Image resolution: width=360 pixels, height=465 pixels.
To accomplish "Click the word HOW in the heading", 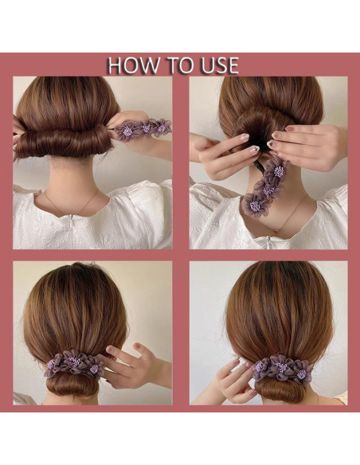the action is tap(132, 65).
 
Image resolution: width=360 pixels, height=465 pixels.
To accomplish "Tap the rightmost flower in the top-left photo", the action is tap(162, 127).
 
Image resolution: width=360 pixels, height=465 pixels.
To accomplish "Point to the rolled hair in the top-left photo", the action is tap(63, 143).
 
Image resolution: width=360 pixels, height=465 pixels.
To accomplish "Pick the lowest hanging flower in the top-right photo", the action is tap(254, 205).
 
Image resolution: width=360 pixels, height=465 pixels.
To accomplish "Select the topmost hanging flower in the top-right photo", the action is tap(278, 170).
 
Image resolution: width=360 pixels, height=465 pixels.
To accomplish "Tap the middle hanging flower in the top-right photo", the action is tap(267, 188).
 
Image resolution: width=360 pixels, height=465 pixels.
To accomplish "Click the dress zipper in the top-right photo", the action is tap(268, 243).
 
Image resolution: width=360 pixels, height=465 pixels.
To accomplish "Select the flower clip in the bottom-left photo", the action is tap(75, 364).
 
